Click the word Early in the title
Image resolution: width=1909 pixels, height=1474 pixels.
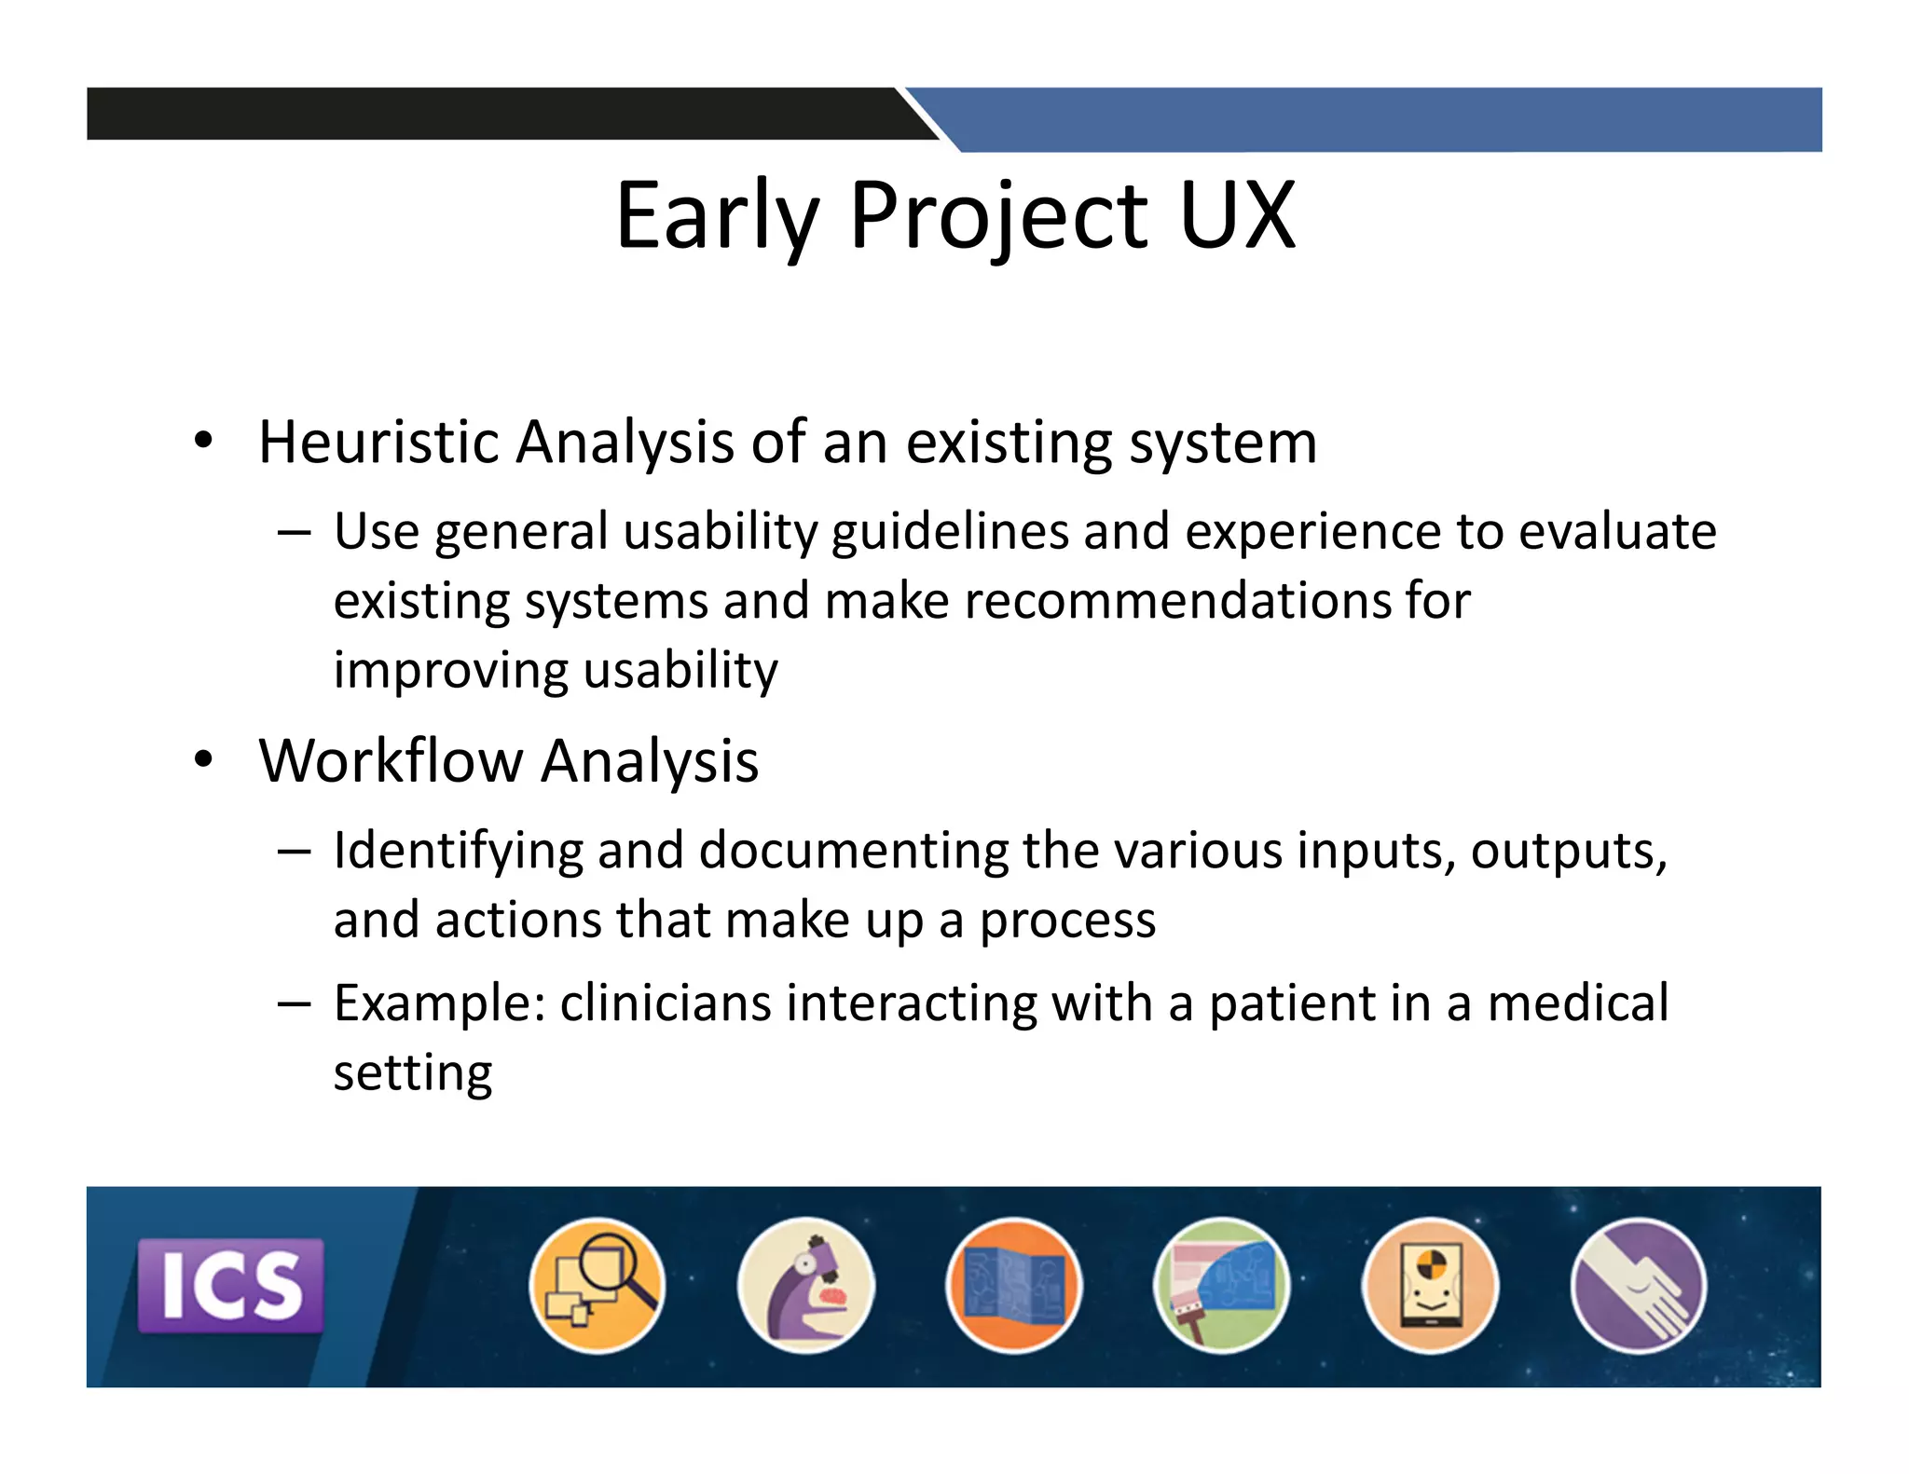pos(716,216)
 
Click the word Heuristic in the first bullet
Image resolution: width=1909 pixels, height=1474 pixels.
pos(378,442)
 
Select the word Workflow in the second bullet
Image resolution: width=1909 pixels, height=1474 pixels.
pos(391,761)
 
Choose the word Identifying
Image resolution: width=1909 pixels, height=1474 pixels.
pos(457,852)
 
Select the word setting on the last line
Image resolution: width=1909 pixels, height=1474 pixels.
pos(412,1073)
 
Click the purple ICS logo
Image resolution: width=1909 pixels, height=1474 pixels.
pos(230,1285)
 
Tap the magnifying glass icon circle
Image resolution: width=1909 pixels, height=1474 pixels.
pos(597,1285)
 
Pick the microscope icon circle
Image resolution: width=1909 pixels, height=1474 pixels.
pos(805,1285)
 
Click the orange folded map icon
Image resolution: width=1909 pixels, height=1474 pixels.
pos(1013,1285)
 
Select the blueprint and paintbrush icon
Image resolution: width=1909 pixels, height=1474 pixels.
pos(1221,1285)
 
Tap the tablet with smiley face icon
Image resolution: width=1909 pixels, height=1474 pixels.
pos(1430,1285)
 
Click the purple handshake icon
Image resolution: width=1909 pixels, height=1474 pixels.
pos(1638,1285)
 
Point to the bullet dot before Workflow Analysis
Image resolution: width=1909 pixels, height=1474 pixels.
pos(203,759)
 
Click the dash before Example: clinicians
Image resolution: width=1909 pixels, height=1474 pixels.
pos(294,1004)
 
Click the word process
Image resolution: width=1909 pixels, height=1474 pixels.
pos(1067,921)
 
